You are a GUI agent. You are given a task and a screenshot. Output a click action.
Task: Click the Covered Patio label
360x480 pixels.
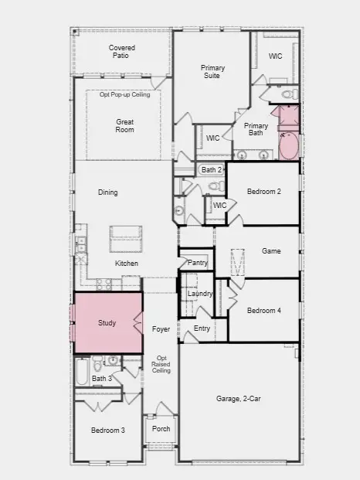click(122, 52)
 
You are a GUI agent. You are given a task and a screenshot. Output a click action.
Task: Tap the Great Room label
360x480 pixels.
click(125, 126)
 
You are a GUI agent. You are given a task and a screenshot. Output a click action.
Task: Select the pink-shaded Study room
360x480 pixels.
click(108, 322)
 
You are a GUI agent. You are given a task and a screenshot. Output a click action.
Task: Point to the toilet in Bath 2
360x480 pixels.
click(217, 186)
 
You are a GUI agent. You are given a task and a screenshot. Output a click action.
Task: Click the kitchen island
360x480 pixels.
click(126, 239)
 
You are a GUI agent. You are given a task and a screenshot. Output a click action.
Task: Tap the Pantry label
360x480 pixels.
click(198, 262)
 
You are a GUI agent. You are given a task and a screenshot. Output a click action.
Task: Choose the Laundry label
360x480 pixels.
click(200, 294)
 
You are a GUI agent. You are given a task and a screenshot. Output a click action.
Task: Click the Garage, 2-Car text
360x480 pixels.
click(238, 399)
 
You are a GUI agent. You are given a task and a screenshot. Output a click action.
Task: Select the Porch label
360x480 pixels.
click(161, 428)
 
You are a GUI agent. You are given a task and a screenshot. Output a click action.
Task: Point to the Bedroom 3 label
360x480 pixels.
click(108, 430)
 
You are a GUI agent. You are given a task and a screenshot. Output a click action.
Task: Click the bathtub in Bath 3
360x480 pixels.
click(82, 372)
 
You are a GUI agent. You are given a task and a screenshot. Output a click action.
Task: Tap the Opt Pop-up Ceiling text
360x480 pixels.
click(125, 94)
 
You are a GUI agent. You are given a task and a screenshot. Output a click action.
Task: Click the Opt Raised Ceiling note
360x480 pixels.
click(161, 364)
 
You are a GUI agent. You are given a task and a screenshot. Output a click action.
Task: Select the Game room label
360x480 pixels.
click(271, 250)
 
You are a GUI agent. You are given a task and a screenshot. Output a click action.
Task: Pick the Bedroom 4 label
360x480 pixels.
click(264, 311)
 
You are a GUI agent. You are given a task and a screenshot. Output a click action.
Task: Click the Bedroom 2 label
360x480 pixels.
click(264, 192)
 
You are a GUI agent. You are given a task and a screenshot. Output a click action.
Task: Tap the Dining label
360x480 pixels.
click(107, 192)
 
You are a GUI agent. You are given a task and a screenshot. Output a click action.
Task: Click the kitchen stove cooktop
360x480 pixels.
click(104, 284)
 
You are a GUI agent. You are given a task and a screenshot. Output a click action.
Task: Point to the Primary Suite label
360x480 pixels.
click(212, 72)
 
